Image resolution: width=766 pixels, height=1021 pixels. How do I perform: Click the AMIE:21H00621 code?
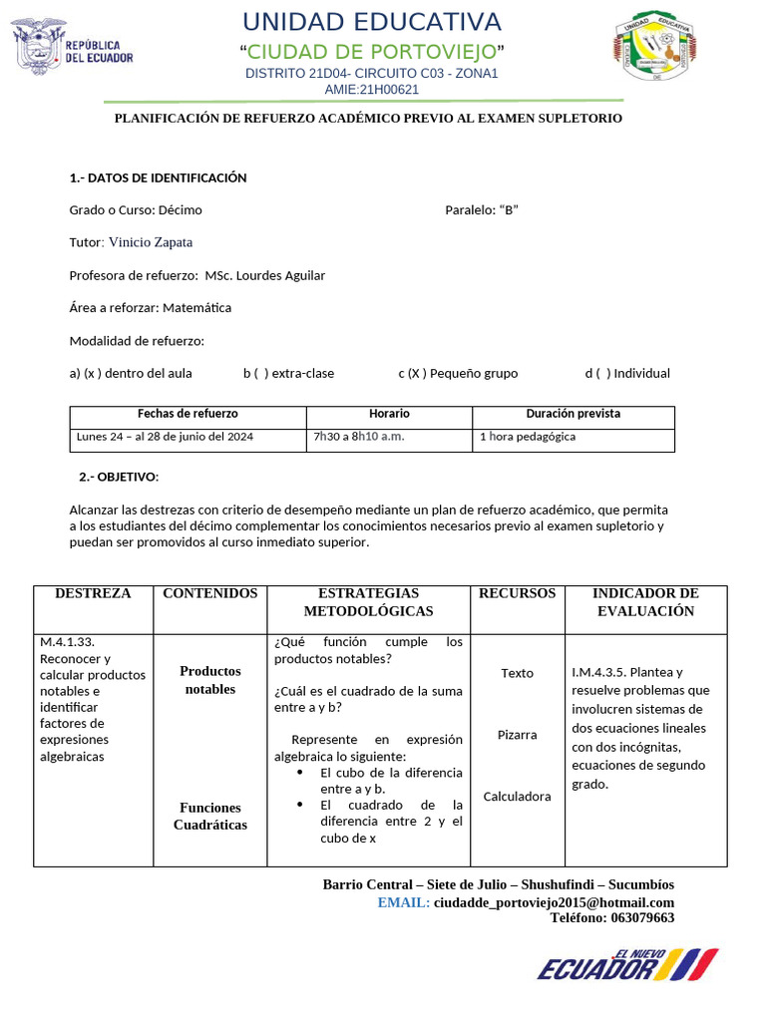[x=372, y=89]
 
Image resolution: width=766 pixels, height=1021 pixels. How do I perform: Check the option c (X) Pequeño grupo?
[x=458, y=373]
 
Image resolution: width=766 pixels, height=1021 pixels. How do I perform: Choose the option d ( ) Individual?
[x=627, y=373]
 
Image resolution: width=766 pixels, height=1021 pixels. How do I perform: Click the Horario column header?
[x=389, y=414]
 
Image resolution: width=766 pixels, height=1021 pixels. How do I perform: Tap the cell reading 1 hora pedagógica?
[x=528, y=437]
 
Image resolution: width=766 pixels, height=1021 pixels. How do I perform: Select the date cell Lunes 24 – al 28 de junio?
[x=165, y=437]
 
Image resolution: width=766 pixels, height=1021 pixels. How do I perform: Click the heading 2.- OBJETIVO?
[x=119, y=477]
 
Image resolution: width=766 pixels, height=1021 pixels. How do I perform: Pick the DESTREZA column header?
[x=93, y=593]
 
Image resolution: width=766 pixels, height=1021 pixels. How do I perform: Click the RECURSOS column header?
[x=517, y=593]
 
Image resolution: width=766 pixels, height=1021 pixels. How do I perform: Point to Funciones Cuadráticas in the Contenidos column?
[x=210, y=817]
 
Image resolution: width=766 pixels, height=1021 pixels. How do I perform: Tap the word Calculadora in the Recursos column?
[x=517, y=797]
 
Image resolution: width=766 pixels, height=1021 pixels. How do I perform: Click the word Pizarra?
[x=517, y=735]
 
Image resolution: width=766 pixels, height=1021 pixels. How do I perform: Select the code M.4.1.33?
[x=68, y=643]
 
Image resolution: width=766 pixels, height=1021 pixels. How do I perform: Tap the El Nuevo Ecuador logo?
[x=627, y=964]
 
